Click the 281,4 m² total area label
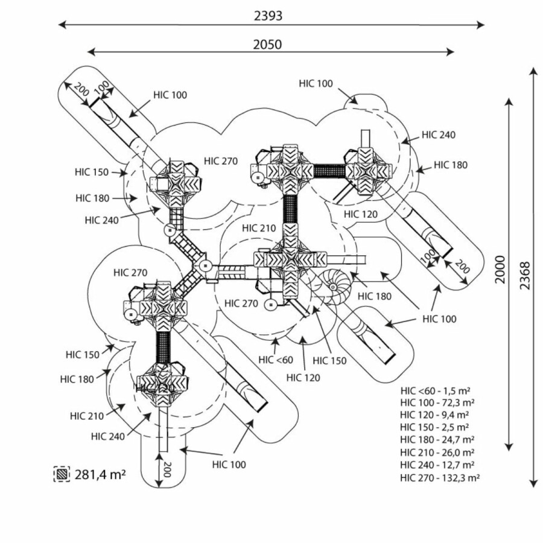point(100,474)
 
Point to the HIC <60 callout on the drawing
point(276,360)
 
